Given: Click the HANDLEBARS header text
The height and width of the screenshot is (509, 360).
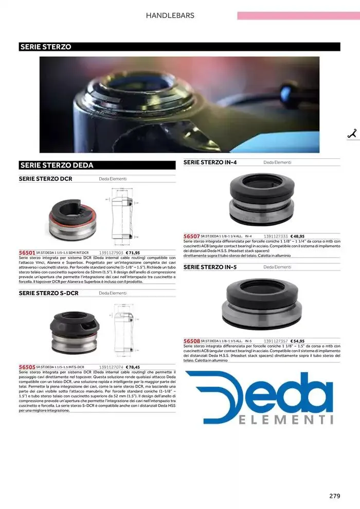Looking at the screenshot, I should [x=170, y=15].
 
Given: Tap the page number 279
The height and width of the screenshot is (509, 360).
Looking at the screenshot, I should [x=335, y=496].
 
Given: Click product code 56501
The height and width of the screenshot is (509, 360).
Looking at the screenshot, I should [x=27, y=253].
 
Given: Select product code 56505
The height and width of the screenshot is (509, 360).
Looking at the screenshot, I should [x=27, y=367].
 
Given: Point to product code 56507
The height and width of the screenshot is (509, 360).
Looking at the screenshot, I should [x=191, y=236].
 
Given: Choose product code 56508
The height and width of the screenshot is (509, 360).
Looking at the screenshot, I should [x=191, y=341].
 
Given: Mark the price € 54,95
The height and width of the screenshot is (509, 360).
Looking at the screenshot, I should [x=297, y=341].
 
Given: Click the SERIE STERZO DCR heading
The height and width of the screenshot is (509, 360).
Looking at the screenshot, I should [x=45, y=179].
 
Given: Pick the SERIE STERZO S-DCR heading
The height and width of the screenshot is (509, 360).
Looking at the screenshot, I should [x=48, y=293].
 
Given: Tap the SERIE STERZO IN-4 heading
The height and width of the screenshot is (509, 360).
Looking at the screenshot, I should [x=210, y=162].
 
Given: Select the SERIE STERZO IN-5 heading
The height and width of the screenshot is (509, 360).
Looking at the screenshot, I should [x=210, y=267].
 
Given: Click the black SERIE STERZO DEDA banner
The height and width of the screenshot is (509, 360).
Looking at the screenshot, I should [x=97, y=165].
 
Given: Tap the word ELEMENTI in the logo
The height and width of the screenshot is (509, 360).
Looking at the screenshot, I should [x=286, y=420].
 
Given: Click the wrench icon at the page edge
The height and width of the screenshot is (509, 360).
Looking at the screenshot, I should [x=353, y=134].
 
